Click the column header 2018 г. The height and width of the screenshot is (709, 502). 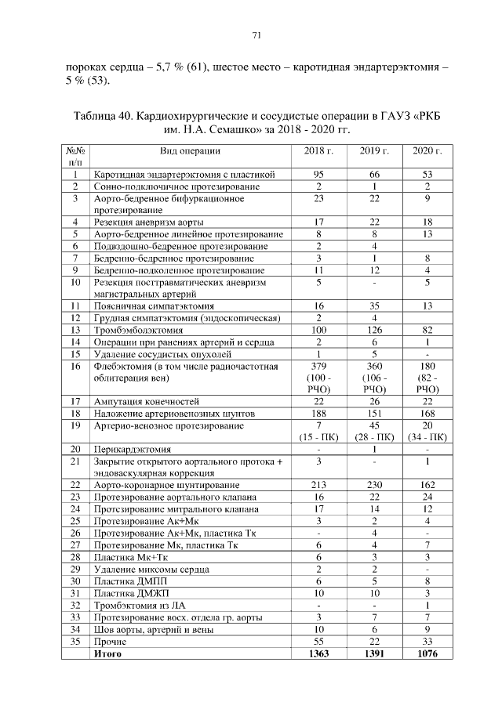click(x=318, y=150)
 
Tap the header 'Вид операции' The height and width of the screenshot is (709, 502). click(x=190, y=150)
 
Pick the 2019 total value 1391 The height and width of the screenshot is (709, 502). click(x=373, y=653)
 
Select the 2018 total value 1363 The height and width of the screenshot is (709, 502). click(x=318, y=653)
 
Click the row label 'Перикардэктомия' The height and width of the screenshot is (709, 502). click(x=133, y=450)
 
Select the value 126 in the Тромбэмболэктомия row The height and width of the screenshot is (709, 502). click(x=373, y=331)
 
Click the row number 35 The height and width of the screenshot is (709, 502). click(x=76, y=641)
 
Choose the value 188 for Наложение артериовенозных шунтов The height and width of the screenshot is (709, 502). click(x=318, y=414)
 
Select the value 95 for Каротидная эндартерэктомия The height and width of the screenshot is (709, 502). click(x=318, y=174)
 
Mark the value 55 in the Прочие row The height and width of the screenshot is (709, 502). click(x=318, y=641)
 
